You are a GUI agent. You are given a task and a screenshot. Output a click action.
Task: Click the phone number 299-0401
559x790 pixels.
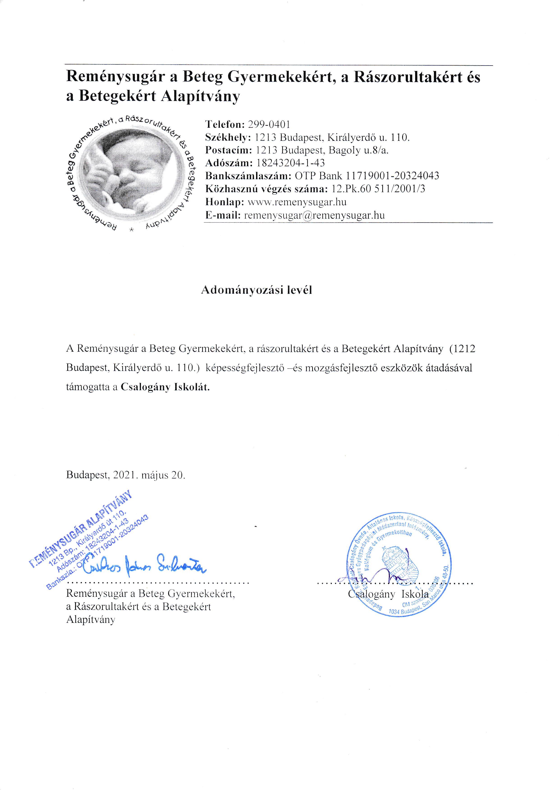[269, 124]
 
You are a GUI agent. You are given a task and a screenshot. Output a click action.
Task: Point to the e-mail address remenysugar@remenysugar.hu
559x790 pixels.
[314, 215]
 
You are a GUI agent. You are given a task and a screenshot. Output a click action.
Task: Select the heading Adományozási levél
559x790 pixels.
[257, 290]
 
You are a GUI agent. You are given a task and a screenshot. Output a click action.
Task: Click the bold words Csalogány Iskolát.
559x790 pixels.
[165, 387]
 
